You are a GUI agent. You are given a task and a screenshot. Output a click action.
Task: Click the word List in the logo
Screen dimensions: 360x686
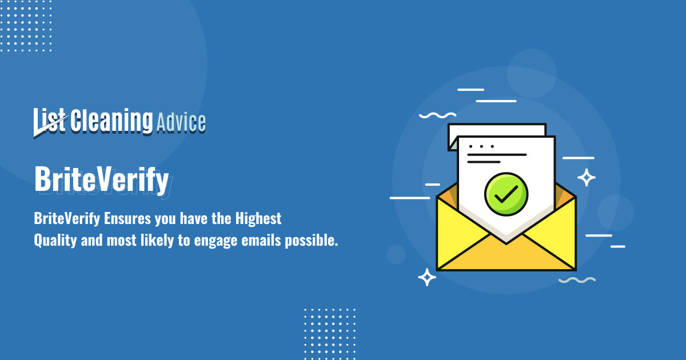click(x=50, y=121)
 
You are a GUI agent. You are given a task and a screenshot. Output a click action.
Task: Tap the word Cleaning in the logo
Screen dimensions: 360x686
click(x=111, y=121)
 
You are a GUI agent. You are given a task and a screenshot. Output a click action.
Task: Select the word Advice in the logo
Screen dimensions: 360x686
click(x=181, y=122)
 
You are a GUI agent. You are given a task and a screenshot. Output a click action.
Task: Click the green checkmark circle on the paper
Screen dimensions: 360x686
click(x=506, y=194)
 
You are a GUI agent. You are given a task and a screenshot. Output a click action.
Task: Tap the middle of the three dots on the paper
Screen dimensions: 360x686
click(x=481, y=146)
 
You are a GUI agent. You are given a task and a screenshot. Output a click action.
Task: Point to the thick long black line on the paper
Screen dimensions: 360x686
click(x=497, y=154)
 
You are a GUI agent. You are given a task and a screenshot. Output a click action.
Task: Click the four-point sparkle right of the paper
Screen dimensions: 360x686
click(x=586, y=177)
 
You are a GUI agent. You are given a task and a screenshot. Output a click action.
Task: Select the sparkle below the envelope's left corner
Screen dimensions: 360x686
click(x=426, y=277)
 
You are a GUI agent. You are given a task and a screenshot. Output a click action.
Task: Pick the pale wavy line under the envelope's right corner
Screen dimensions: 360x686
click(x=577, y=280)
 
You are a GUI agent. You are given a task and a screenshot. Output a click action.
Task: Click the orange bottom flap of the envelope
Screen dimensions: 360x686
click(x=506, y=257)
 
